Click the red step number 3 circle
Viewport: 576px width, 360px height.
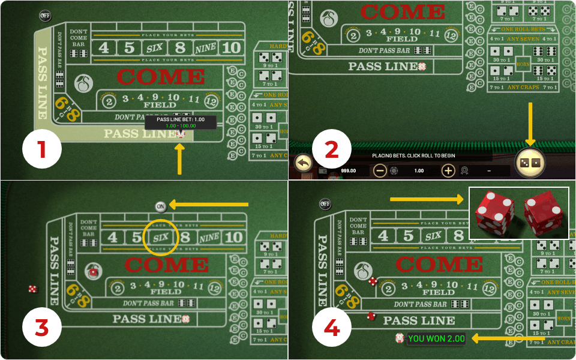(x=42, y=328)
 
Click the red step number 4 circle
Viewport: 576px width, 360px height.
(x=332, y=328)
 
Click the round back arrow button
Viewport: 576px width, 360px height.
(x=304, y=163)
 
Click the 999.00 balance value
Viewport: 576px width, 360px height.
(x=348, y=170)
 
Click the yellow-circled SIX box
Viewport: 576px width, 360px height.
(x=161, y=237)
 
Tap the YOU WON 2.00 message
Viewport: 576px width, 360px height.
(x=436, y=338)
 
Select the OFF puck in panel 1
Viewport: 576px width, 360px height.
(x=45, y=15)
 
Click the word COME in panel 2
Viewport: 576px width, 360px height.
(x=403, y=11)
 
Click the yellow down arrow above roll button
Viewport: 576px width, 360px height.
(x=530, y=123)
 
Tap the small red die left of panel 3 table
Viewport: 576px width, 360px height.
(x=32, y=289)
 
